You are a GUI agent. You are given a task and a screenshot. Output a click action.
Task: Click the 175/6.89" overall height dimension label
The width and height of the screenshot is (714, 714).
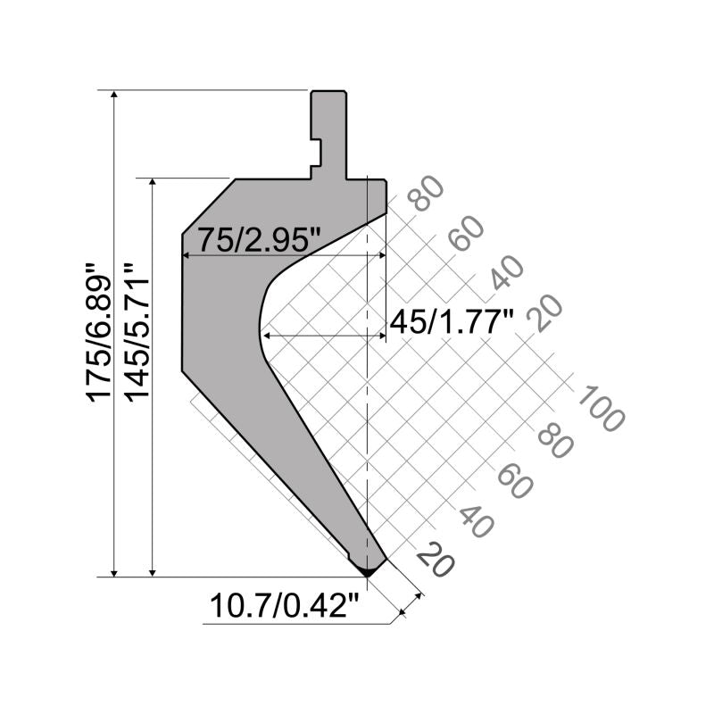click(99, 331)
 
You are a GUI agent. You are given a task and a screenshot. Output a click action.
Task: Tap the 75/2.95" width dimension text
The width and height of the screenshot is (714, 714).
click(259, 239)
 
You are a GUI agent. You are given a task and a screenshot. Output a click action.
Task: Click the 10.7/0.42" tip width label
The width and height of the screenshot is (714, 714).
click(284, 608)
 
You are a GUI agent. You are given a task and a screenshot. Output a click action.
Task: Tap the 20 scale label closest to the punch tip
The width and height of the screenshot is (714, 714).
click(436, 560)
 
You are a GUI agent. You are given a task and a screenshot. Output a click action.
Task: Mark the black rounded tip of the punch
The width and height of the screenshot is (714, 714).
click(365, 568)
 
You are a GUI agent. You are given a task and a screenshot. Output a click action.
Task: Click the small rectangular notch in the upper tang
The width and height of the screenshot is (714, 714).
click(315, 154)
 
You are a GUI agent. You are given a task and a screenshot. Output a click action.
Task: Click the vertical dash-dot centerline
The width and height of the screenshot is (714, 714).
click(368, 402)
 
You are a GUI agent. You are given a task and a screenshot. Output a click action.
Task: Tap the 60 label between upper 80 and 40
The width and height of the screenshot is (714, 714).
click(466, 233)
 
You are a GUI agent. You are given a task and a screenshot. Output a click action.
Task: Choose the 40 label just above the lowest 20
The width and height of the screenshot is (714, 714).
click(477, 521)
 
